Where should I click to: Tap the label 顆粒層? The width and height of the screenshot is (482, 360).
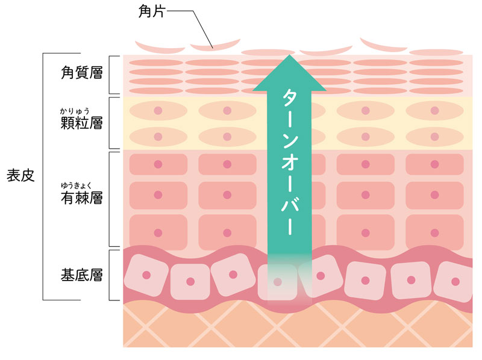click(81, 123)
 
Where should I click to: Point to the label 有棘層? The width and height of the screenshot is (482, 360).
click(81, 197)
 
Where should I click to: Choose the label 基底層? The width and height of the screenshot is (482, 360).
click(81, 276)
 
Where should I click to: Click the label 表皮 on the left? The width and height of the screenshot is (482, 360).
click(20, 176)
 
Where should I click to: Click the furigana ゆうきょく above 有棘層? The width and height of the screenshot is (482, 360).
click(77, 184)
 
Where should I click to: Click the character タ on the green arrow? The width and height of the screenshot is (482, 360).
click(289, 101)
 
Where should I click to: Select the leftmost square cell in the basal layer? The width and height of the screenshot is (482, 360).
click(146, 275)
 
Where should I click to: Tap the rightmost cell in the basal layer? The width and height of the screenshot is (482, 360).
click(456, 282)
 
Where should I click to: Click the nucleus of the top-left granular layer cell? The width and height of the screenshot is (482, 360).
click(158, 111)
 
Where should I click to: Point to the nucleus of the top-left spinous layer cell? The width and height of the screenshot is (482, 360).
click(158, 164)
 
